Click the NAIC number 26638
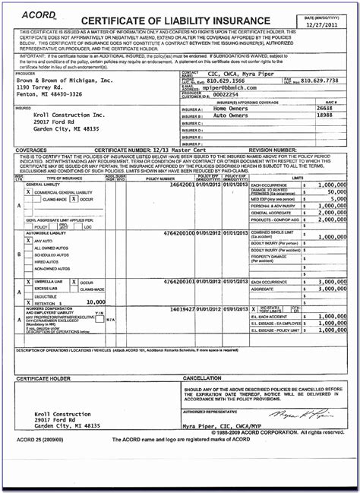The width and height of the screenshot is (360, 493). click(324, 108)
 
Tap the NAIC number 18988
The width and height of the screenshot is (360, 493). click(324, 115)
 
